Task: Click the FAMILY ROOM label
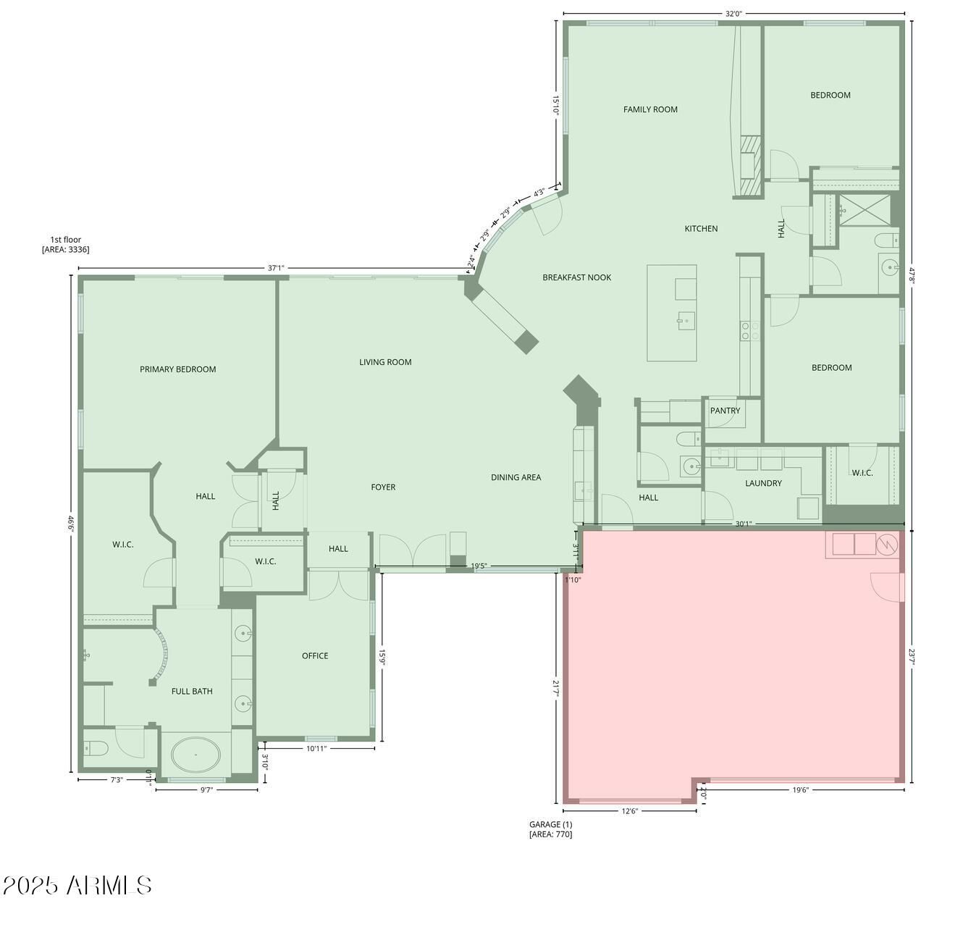point(650,109)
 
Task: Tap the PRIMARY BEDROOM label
point(177,369)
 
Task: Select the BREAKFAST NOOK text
point(576,277)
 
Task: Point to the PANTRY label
point(724,411)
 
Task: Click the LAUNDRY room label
point(763,483)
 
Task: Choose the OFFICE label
point(315,655)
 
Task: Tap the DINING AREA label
point(516,477)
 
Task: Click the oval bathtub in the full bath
point(195,755)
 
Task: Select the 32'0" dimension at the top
point(733,14)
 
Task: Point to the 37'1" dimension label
point(276,268)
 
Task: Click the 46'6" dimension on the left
point(71,524)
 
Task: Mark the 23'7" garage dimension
point(912,655)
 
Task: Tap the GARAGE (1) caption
point(550,824)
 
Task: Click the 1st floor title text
point(66,240)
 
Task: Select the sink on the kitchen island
point(686,321)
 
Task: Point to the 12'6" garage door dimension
point(629,810)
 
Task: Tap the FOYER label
point(383,487)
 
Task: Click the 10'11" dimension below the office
point(316,748)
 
